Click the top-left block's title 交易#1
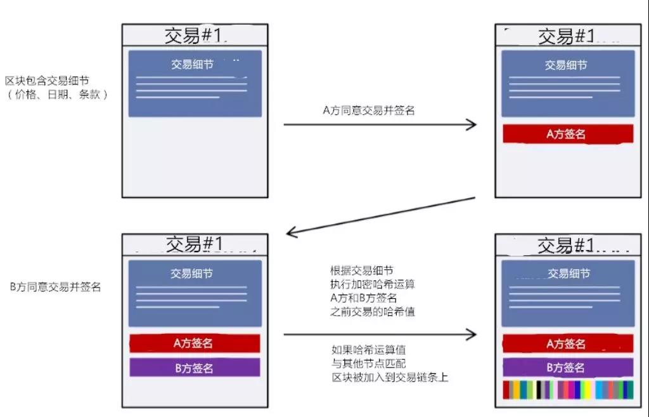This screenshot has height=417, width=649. (194, 36)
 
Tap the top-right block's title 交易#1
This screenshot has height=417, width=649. (567, 36)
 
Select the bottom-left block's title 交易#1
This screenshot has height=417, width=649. (195, 244)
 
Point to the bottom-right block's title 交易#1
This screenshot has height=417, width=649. (566, 246)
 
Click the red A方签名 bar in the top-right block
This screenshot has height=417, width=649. (568, 134)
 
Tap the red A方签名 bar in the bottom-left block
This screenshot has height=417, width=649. (195, 343)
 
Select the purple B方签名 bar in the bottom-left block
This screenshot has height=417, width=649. (195, 367)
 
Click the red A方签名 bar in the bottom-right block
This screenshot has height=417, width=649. (568, 343)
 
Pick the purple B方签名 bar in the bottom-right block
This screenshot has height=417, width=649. (568, 367)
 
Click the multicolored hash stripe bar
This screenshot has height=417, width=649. (568, 390)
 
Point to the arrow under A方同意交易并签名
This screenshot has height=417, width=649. (380, 124)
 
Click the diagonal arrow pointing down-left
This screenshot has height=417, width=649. (381, 216)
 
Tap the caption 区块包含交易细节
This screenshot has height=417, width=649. (47, 81)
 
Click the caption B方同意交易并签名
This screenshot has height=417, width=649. (56, 287)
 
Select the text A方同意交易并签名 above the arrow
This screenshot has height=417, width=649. (369, 110)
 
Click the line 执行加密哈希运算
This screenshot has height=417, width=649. (373, 284)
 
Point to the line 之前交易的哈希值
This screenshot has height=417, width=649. (373, 312)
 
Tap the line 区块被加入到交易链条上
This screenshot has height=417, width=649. (390, 377)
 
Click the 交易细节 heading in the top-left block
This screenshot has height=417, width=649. (193, 64)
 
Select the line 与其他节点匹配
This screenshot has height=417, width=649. (369, 364)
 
